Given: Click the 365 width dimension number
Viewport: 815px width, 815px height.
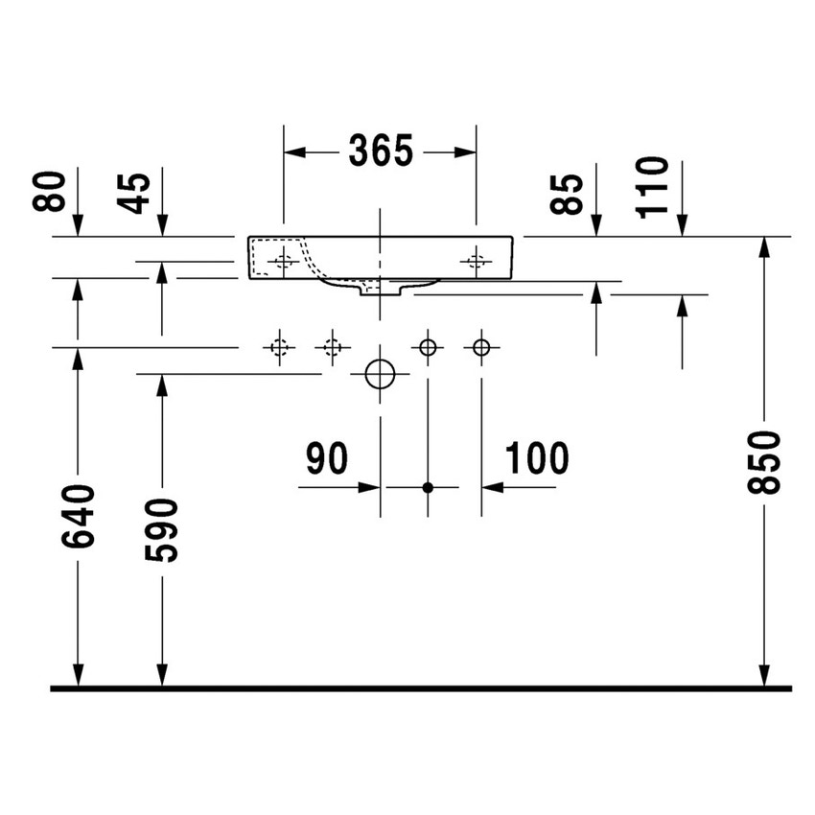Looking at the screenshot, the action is [381, 151].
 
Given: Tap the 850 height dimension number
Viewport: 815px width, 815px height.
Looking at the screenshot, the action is [763, 462].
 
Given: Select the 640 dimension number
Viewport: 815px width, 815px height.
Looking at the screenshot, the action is [78, 516].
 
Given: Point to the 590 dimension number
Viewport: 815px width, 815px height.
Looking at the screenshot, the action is [161, 530].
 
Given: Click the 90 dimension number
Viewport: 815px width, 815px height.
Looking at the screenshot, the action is [326, 458].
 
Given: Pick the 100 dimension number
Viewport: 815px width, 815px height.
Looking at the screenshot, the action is [537, 458].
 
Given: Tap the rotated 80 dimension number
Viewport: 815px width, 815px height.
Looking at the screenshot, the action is [49, 191].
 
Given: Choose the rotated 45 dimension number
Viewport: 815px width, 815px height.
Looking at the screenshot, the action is [133, 194].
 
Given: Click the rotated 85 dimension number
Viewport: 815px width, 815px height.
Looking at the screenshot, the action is [567, 194].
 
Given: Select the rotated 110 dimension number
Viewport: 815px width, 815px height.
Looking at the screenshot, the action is [652, 187].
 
